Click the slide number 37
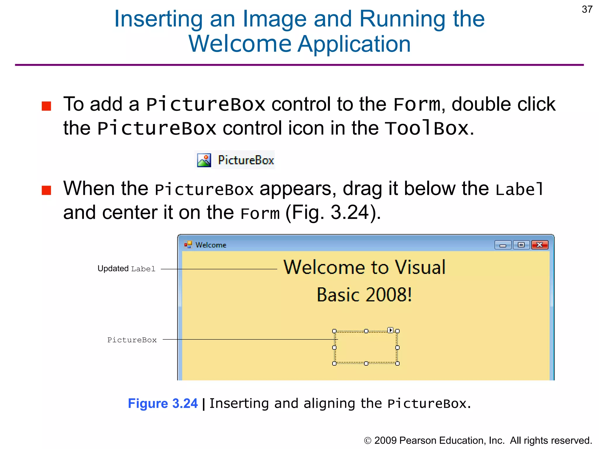coord(587,10)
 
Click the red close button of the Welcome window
coord(540,245)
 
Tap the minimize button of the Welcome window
coord(503,245)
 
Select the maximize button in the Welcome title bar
coord(521,245)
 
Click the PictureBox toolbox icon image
coord(204,160)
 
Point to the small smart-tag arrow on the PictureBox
coord(390,330)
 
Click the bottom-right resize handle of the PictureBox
coord(397,363)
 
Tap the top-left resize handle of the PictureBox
coord(334,331)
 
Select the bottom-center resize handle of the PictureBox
coord(366,363)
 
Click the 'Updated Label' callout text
coord(126,269)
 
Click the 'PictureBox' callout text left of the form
coord(132,340)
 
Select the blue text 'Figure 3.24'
coord(163,403)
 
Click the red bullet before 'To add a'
coord(47,106)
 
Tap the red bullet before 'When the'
coord(47,190)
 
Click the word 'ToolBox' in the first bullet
coord(426,128)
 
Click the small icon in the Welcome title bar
coord(188,244)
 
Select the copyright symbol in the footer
coord(368,441)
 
